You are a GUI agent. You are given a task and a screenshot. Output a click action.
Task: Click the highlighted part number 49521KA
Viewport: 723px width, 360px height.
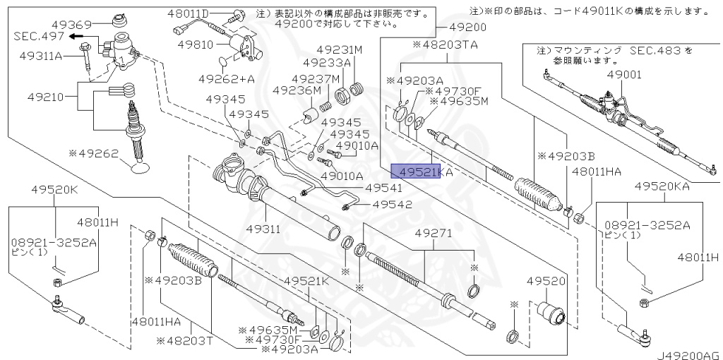pos(417,172)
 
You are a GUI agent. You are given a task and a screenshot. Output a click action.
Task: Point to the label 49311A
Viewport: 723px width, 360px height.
pos(42,55)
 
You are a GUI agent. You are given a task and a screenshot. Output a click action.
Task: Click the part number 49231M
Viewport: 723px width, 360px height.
pos(339,50)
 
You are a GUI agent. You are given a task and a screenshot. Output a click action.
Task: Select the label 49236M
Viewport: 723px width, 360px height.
pos(297,90)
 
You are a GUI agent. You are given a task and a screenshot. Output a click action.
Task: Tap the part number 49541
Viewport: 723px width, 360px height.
pos(383,188)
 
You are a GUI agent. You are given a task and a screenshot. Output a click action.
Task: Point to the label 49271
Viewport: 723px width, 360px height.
pos(433,232)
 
